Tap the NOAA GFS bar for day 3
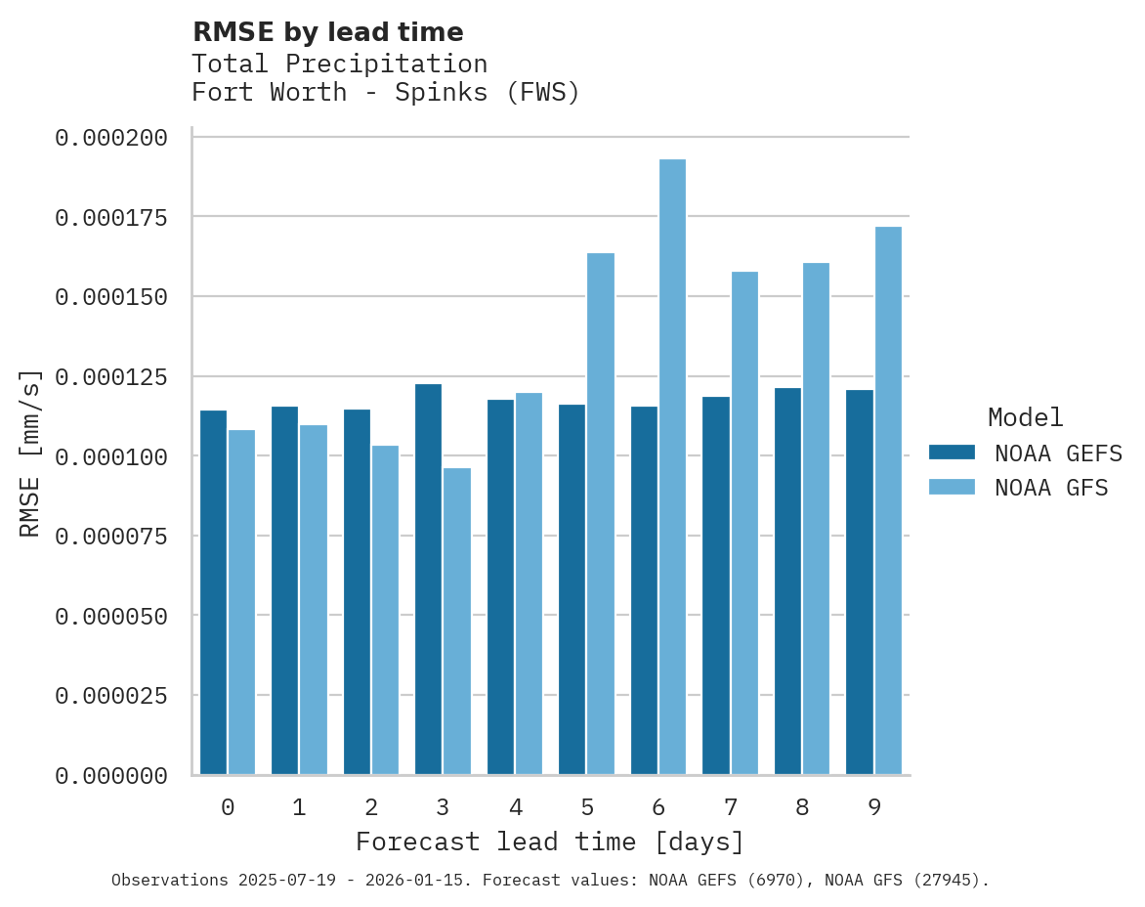(x=457, y=622)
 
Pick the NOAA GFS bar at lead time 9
(x=888, y=500)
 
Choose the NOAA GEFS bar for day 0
(x=213, y=592)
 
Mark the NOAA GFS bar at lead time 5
(x=601, y=514)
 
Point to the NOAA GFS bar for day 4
(x=529, y=583)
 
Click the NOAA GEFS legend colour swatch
(x=952, y=453)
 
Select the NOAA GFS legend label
(x=1051, y=488)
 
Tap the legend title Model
(x=1025, y=418)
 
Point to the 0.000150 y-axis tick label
(x=111, y=297)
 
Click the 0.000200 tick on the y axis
(x=111, y=138)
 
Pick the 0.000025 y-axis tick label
(x=111, y=696)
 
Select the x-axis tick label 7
(x=730, y=807)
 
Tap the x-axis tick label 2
(x=371, y=807)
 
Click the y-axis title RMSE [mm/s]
(x=31, y=453)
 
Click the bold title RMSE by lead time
(x=327, y=32)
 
